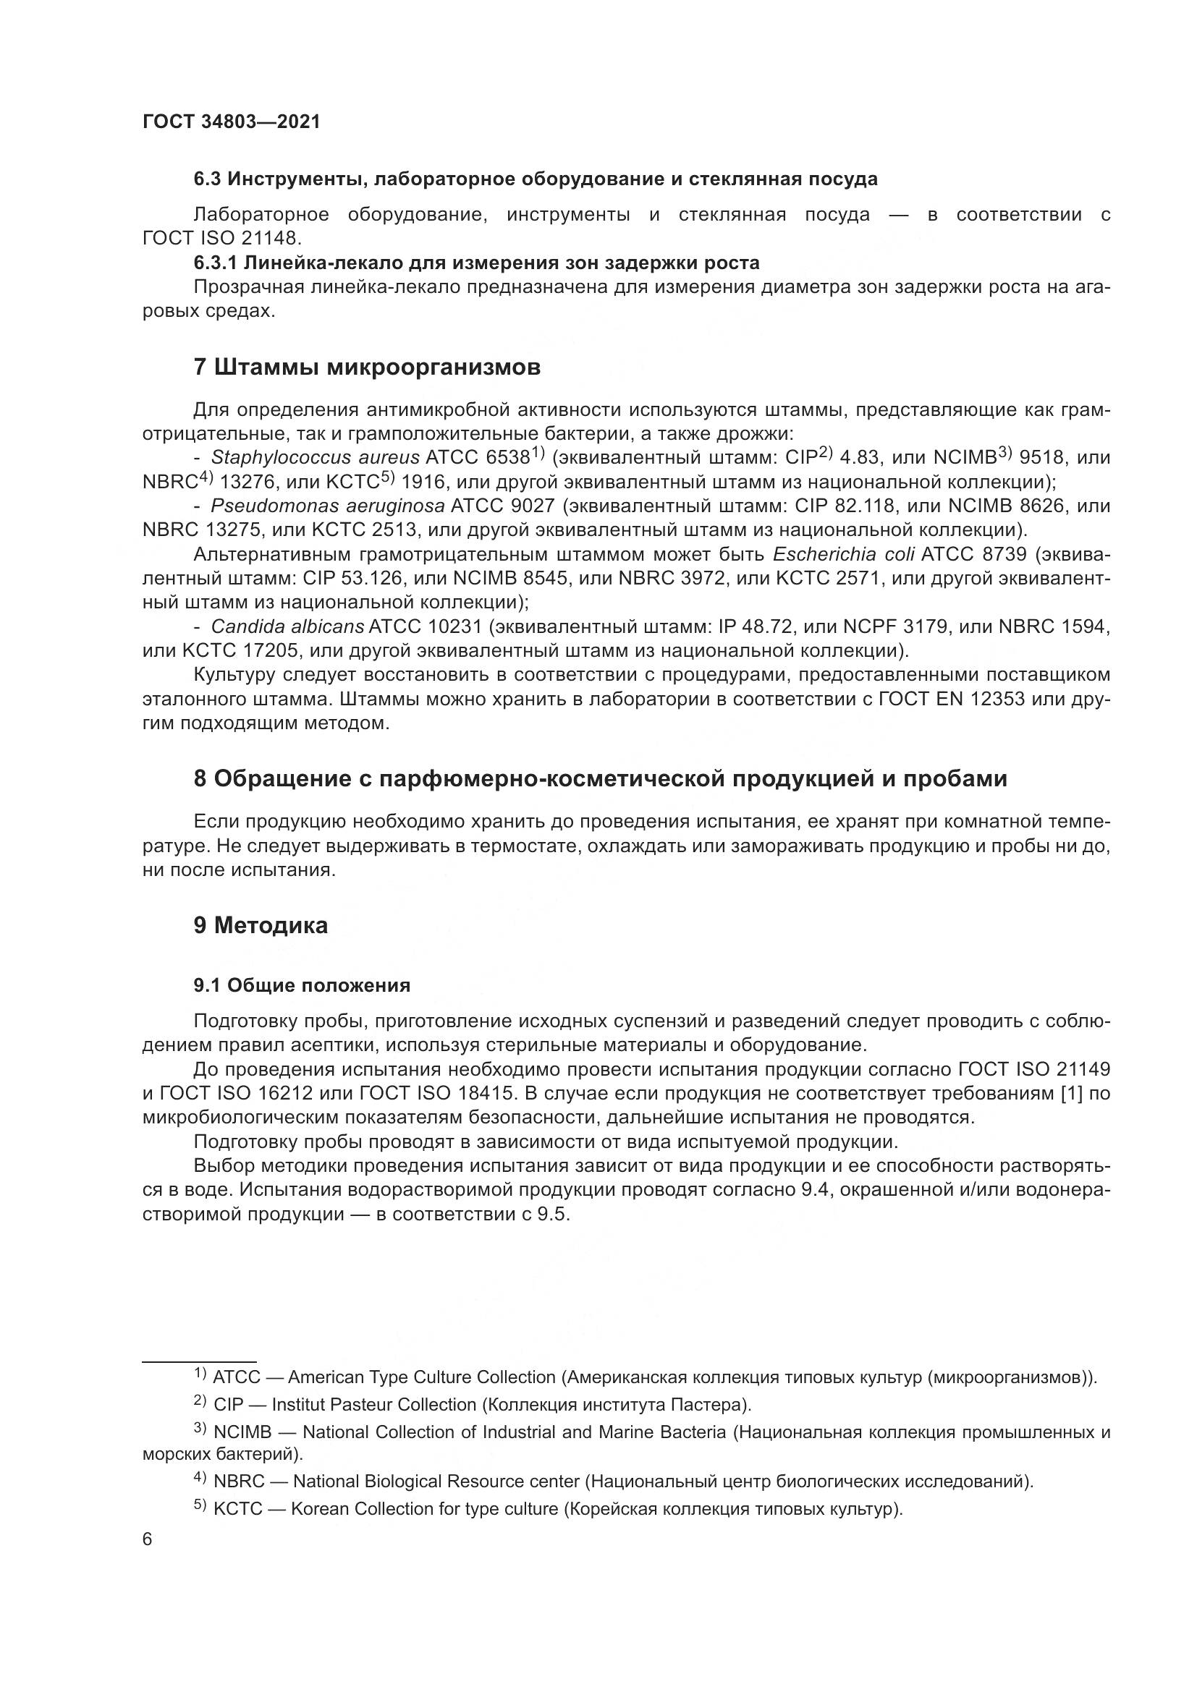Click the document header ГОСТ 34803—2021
(x=232, y=122)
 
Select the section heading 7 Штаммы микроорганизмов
(x=366, y=367)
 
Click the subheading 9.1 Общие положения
(x=302, y=985)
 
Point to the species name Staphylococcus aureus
(x=315, y=458)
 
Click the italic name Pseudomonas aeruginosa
(x=327, y=506)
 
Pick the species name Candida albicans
(x=287, y=627)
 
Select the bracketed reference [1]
(x=1070, y=1094)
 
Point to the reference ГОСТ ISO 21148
(x=221, y=238)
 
